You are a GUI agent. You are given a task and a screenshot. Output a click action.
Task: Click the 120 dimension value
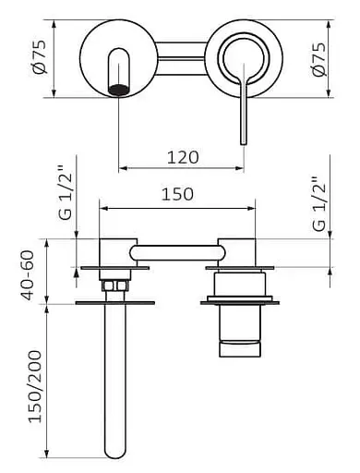click(x=183, y=157)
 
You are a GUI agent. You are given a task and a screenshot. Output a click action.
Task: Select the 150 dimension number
click(x=177, y=194)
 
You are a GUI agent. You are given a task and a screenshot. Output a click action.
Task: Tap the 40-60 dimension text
click(x=27, y=275)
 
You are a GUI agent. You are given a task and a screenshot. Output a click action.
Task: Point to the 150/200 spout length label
click(x=34, y=386)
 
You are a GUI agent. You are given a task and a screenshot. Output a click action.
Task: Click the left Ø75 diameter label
click(x=40, y=57)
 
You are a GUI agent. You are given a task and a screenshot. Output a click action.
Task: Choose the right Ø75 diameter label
click(x=318, y=59)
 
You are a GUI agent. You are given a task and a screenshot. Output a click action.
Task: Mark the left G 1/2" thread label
click(x=65, y=193)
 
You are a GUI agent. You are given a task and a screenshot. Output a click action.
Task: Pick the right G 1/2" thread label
click(x=319, y=203)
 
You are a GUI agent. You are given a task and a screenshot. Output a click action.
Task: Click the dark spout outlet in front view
click(x=118, y=90)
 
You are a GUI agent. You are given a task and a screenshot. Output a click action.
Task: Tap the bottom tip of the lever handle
click(x=244, y=143)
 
